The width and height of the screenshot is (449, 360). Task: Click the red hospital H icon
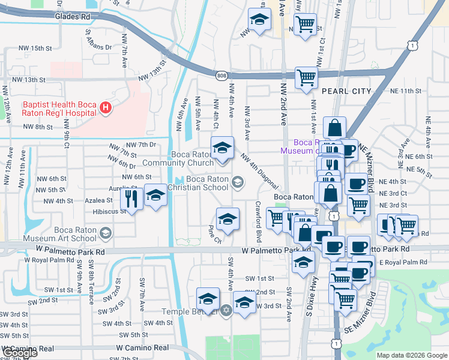pos(106,109)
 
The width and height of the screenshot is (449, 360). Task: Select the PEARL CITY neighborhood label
pos(346,91)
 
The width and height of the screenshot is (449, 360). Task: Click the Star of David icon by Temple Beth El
pos(226,311)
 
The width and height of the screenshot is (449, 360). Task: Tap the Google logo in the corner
pos(20,353)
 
